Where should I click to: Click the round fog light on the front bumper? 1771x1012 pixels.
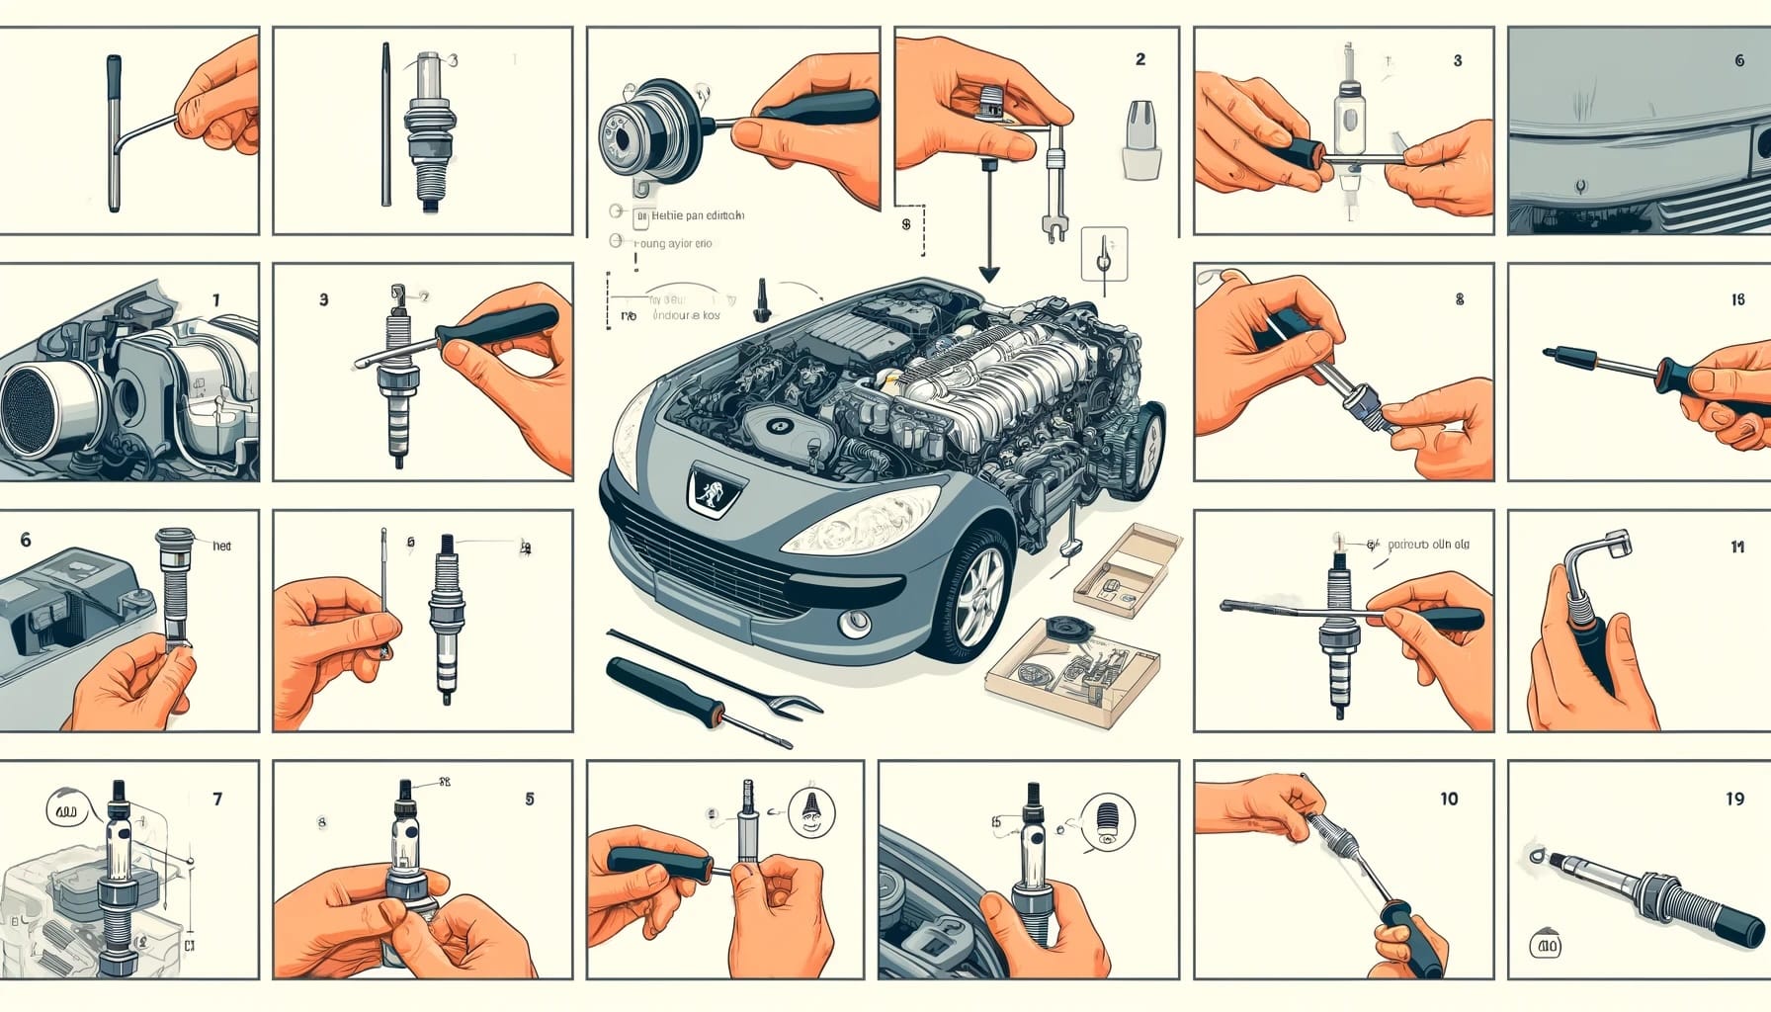click(855, 623)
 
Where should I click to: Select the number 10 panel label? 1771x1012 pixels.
click(1448, 799)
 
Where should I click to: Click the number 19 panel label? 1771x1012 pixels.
click(1734, 799)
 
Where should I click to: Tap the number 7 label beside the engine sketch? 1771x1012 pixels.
click(217, 799)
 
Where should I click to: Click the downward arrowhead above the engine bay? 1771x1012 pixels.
click(988, 275)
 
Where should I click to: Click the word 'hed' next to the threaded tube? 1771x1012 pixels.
click(221, 546)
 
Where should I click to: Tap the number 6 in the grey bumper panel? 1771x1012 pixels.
click(1739, 60)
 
